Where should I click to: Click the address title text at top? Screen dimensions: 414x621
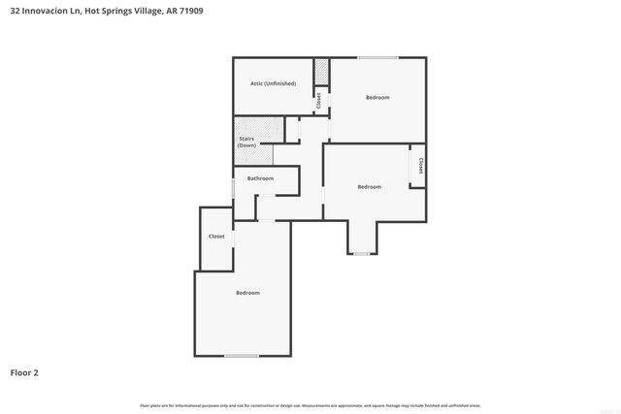107,11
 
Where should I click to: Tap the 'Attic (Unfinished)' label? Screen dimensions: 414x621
273,83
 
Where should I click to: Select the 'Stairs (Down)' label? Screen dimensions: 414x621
247,143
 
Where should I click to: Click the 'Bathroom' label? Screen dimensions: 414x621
260,178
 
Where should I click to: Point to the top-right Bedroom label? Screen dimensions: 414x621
377,97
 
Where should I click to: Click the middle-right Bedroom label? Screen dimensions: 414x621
369,186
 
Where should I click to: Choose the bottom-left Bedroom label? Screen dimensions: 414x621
247,292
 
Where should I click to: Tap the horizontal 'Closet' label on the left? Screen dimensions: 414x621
216,237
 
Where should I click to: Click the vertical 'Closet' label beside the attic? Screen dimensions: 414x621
318,100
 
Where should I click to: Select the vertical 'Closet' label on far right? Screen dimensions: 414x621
420,166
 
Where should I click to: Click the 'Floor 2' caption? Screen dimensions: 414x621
24,371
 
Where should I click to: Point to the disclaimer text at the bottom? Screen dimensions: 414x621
310,405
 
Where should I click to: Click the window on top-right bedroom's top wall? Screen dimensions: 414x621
377,58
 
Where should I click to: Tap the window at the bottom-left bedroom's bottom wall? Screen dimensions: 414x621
242,356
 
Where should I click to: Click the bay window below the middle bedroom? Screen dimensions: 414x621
361,254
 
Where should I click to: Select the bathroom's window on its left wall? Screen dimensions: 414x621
233,188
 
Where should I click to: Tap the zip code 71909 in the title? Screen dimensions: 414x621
191,11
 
